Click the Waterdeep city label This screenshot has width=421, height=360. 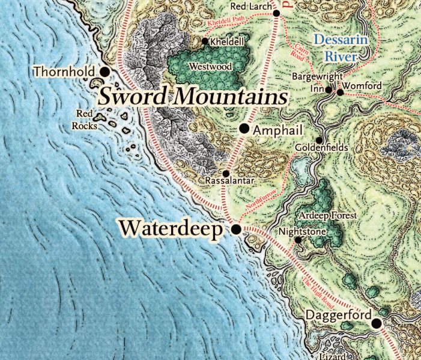coord(171,228)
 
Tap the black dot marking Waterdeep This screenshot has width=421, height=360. coord(236,230)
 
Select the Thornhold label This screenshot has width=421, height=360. coord(64,72)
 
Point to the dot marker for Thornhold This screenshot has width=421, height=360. coord(104,72)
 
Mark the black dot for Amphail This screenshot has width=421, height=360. coord(244,129)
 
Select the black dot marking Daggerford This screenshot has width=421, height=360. coord(377,323)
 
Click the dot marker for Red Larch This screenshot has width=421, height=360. coord(277,13)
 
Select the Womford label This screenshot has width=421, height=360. coord(363,87)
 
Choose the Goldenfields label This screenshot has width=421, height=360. coord(322,147)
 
